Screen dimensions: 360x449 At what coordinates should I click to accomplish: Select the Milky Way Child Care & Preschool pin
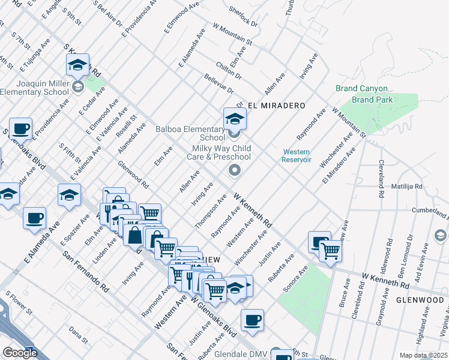pyautogui.click(x=235, y=172)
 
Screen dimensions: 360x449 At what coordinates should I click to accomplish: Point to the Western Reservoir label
pyautogui.click(x=297, y=155)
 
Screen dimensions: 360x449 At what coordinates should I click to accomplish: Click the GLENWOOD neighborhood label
pyautogui.click(x=420, y=299)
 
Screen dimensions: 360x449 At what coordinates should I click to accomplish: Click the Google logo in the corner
pyautogui.click(x=20, y=353)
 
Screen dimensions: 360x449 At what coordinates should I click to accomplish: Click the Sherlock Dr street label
pyautogui.click(x=243, y=17)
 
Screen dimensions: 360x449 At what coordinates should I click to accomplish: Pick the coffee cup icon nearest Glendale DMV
pyautogui.click(x=253, y=320)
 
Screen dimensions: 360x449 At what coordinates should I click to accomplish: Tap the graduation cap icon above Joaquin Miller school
pyautogui.click(x=77, y=65)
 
